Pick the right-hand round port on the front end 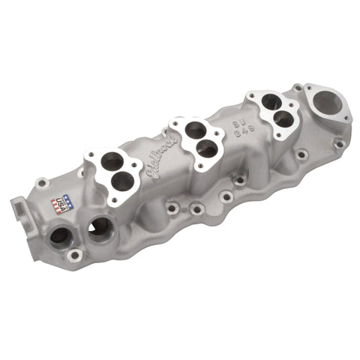100,228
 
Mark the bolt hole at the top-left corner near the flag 43,181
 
